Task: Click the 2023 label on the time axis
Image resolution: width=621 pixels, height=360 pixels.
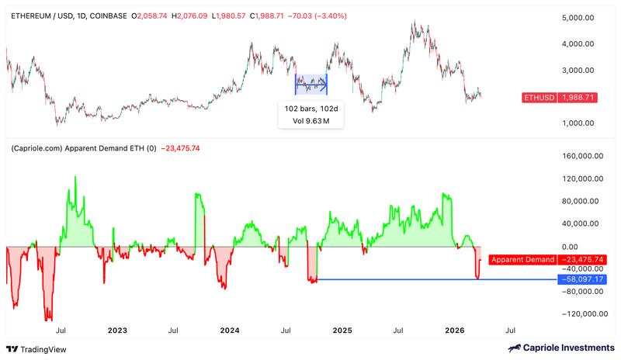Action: (x=116, y=331)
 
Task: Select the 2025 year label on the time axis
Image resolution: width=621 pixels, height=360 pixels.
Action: (x=342, y=331)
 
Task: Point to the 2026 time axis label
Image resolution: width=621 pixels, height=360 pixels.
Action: (x=455, y=331)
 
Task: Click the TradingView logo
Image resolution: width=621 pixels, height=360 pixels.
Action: (x=37, y=348)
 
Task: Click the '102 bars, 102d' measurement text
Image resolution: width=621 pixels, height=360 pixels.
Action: (x=312, y=108)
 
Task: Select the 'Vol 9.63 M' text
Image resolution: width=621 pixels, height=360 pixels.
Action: (x=312, y=121)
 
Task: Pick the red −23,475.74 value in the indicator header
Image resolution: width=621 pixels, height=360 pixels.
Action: (x=180, y=147)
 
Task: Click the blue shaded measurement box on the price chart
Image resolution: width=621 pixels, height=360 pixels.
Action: (x=311, y=84)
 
